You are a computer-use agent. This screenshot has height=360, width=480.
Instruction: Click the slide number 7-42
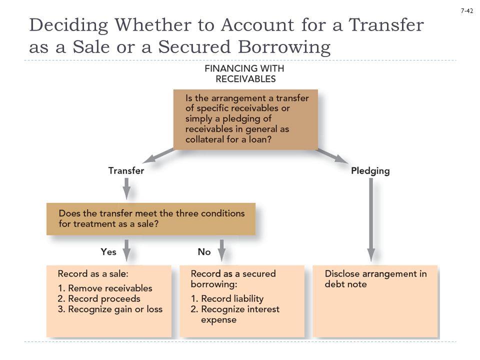pos(467,10)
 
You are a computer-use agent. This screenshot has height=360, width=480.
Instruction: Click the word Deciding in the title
pos(68,25)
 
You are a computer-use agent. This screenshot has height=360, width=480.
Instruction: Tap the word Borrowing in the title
pos(284,48)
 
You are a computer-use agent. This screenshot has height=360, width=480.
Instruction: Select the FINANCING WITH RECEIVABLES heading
pos(245,73)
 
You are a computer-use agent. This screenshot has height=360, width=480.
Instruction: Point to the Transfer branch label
pos(126,170)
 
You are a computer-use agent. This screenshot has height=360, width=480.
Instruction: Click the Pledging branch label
pos(370,171)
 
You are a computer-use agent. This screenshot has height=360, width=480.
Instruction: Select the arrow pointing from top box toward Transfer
pos(158,156)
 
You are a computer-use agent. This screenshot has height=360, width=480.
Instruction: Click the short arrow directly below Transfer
pos(126,189)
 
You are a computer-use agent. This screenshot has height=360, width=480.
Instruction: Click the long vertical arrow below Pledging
pos(371,220)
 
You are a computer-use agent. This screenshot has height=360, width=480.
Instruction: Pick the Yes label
pos(108,252)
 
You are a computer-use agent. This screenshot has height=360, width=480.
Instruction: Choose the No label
pos(204,252)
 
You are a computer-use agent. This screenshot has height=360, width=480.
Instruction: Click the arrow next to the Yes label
pos(126,250)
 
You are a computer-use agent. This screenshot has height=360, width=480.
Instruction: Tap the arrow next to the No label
pos(222,250)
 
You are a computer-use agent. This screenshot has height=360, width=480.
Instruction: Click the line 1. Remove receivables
pos(105,288)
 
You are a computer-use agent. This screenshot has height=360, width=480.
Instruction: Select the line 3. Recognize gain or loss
pos(110,309)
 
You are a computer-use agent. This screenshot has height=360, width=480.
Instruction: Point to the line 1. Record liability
pos(227,298)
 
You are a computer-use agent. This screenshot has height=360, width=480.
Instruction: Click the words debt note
pos(345,284)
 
